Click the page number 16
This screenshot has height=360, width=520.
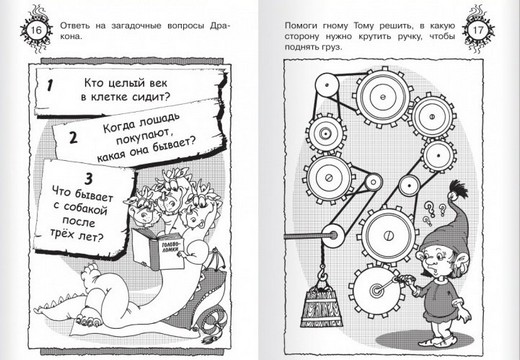pyautogui.click(x=36, y=30)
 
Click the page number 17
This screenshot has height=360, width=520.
pyautogui.click(x=478, y=30)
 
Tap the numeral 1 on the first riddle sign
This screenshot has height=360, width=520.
pyautogui.click(x=50, y=85)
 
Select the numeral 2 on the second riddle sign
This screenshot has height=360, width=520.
pyautogui.click(x=73, y=137)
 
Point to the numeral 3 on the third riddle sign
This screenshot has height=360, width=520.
pyautogui.click(x=88, y=179)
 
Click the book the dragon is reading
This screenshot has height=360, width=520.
pyautogui.click(x=157, y=248)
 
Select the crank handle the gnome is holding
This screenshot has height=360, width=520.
pyautogui.click(x=387, y=284)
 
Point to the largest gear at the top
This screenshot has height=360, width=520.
pyautogui.click(x=383, y=97)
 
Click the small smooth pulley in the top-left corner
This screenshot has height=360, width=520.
pyautogui.click(x=326, y=85)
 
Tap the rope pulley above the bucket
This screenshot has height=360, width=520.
pyautogui.click(x=332, y=236)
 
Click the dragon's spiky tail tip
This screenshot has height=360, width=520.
pyautogui.click(x=39, y=309)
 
